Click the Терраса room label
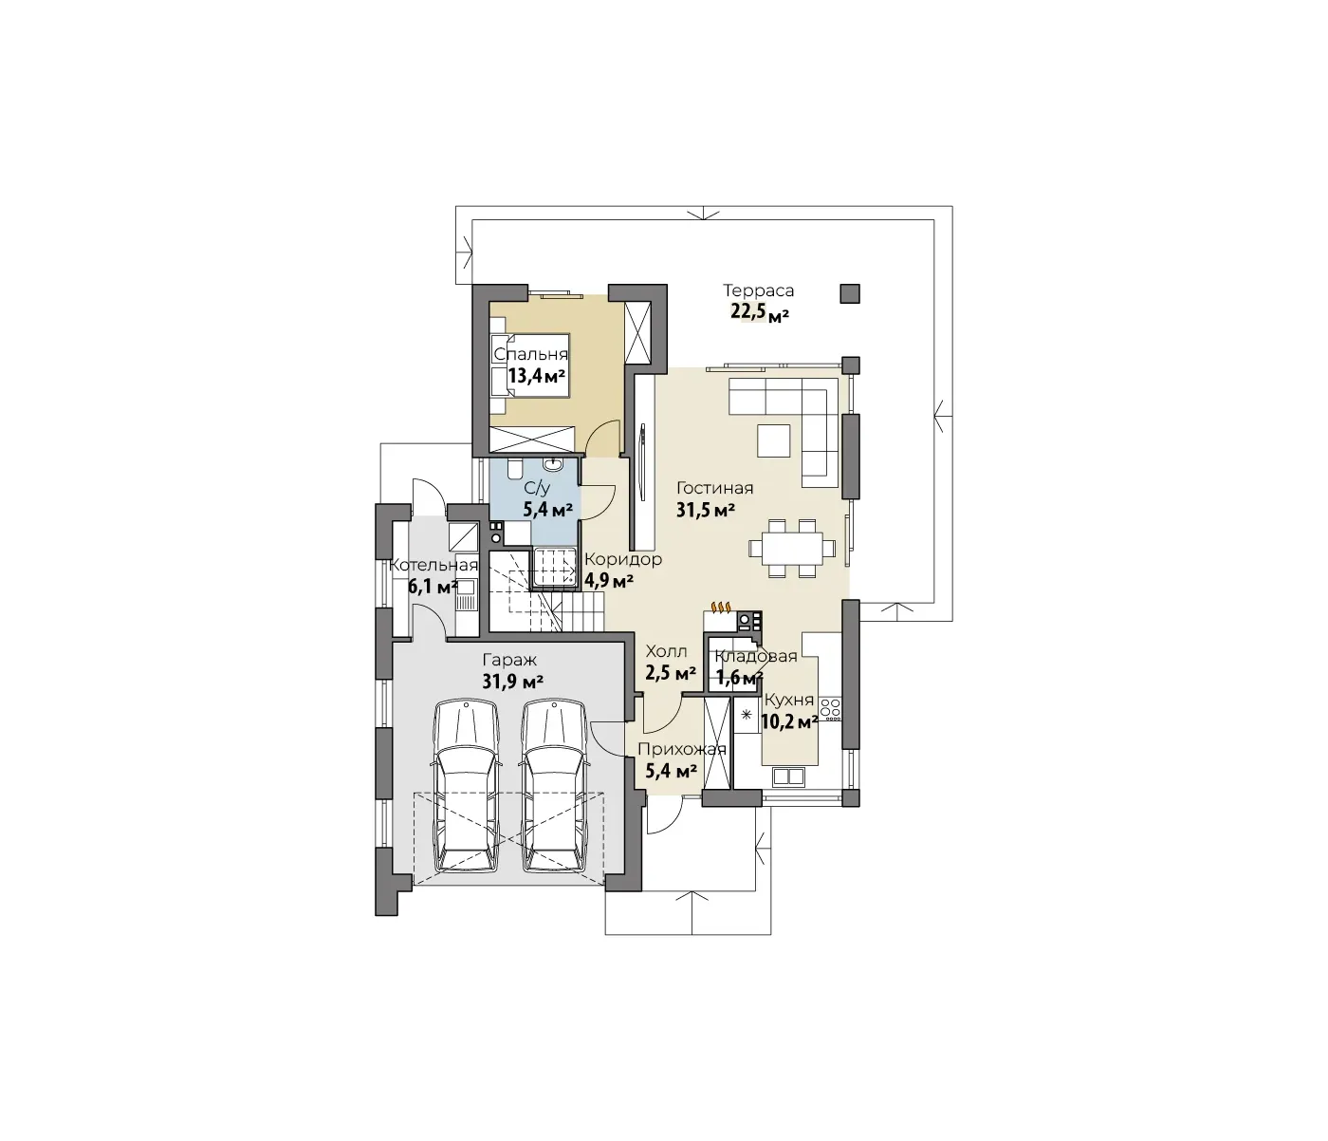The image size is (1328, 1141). [758, 291]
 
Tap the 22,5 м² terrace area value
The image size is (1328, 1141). [760, 312]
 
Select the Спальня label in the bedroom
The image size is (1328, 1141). [530, 355]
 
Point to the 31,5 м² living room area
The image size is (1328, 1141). [706, 511]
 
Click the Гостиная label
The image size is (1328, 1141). [714, 489]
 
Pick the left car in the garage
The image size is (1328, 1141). [467, 786]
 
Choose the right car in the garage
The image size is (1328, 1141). [555, 786]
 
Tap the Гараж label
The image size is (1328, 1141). [509, 660]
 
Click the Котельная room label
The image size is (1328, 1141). [433, 565]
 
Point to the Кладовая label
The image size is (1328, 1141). [756, 656]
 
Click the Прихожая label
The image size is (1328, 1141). [682, 749]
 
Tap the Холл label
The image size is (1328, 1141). [666, 650]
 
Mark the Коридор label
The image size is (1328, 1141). [623, 559]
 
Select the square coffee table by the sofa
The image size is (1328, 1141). [774, 440]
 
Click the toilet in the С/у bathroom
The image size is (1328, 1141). [515, 469]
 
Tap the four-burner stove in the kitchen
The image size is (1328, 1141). [831, 708]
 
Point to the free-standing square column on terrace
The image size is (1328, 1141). [850, 293]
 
